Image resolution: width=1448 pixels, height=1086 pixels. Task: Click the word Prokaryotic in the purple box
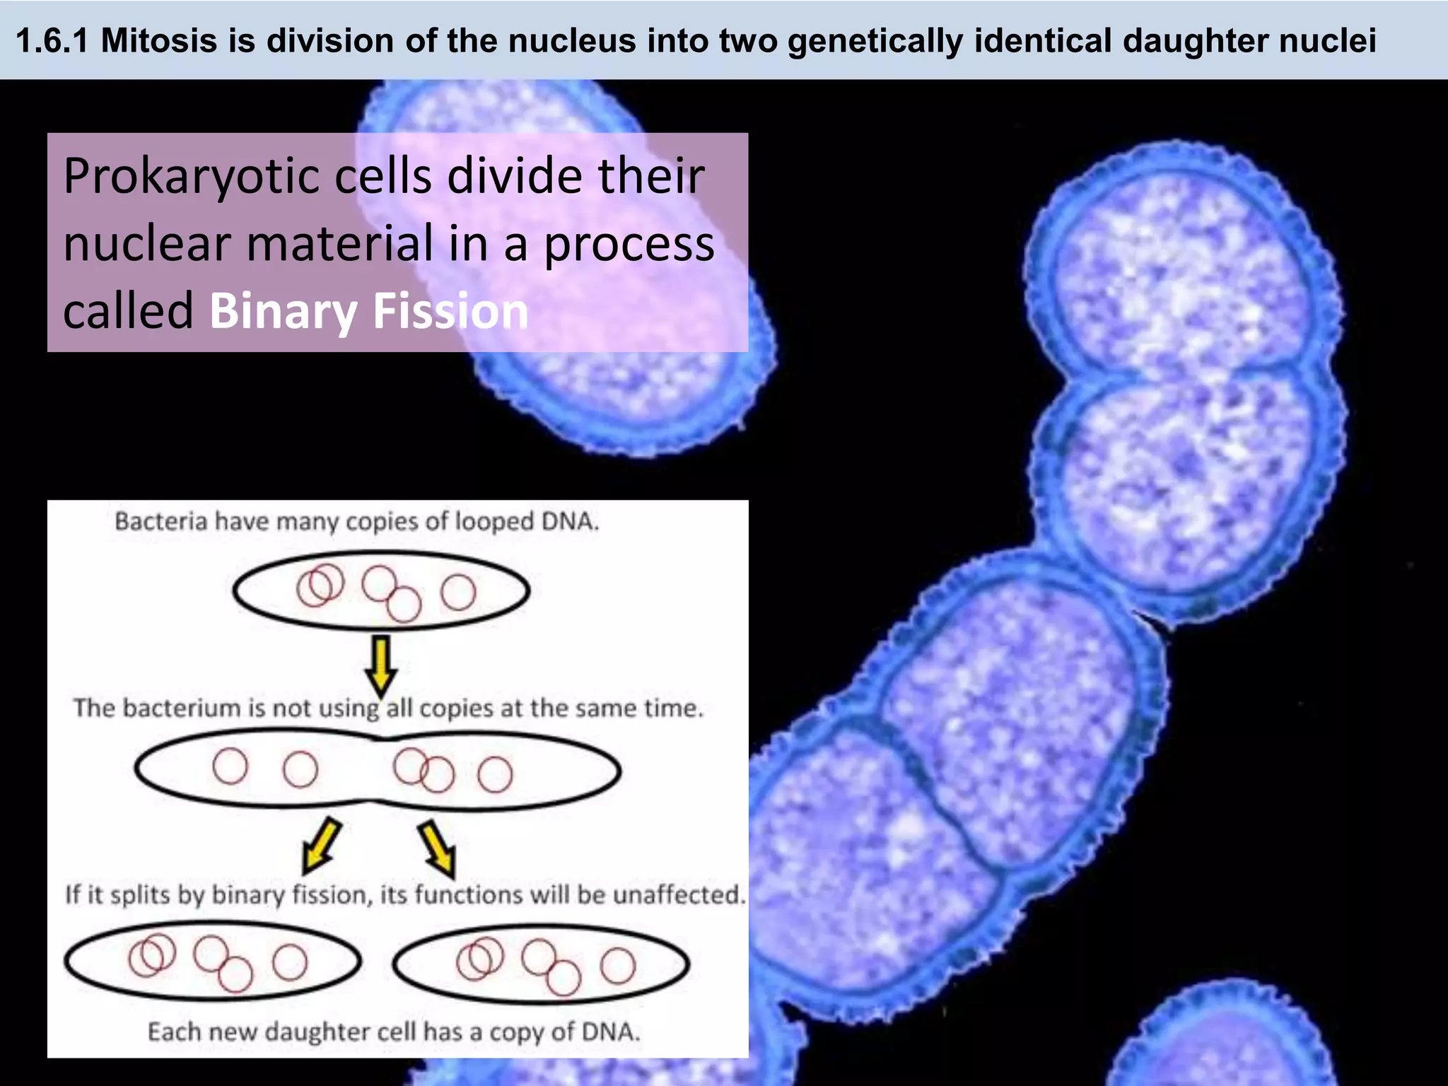tap(191, 177)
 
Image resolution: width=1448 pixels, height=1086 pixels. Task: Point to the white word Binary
tap(284, 311)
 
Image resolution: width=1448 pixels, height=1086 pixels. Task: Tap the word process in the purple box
tap(629, 245)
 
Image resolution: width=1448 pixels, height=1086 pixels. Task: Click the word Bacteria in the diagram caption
tap(161, 522)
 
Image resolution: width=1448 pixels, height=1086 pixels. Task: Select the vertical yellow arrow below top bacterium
tap(381, 665)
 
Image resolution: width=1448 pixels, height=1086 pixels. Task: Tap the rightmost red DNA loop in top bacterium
tap(458, 592)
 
